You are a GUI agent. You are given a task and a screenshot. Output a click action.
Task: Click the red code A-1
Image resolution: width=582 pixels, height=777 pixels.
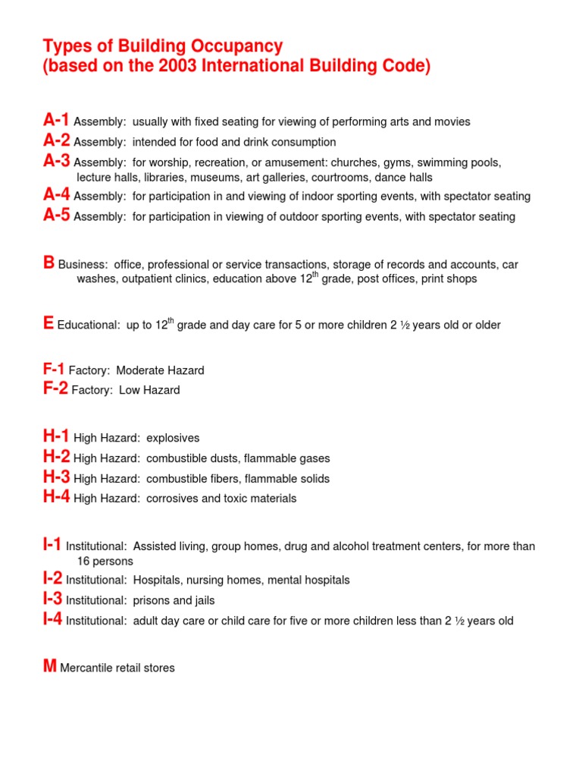57,120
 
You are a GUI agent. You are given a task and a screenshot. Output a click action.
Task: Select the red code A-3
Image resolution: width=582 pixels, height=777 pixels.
57,161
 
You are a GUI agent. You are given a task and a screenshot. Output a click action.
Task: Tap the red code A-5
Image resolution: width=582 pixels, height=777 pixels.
57,215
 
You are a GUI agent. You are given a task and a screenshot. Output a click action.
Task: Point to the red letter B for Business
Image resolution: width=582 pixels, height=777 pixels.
49,263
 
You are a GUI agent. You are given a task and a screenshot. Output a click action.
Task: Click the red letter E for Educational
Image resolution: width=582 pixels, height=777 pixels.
48,323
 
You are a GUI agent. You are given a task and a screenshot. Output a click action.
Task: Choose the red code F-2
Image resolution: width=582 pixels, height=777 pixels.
55,388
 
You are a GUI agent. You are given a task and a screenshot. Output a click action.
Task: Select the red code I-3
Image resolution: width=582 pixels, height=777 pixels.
53,599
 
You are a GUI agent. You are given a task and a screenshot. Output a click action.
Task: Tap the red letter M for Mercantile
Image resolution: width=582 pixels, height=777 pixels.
50,666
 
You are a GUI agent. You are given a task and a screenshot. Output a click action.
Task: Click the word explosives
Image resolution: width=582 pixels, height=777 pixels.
173,439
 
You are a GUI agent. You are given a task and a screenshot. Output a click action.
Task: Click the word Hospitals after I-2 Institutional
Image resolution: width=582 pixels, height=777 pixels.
157,580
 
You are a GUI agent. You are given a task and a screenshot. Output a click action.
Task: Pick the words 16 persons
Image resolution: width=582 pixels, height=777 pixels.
105,562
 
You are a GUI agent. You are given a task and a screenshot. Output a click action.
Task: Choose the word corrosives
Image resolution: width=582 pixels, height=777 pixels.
173,499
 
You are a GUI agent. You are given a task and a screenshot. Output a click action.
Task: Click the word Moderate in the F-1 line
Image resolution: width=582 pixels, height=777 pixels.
141,371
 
